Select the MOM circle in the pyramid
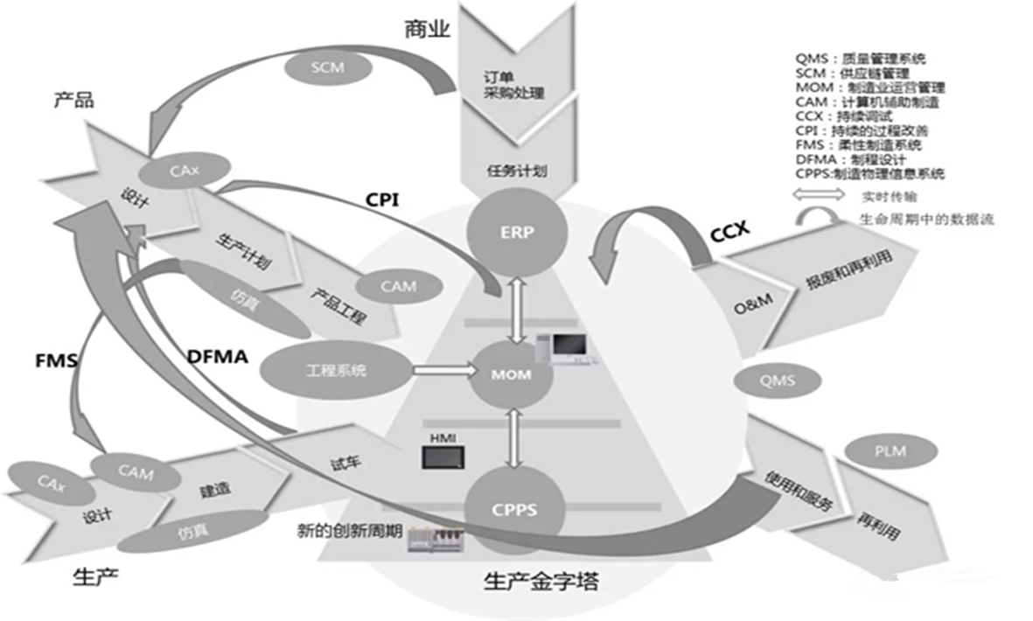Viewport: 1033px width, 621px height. click(512, 375)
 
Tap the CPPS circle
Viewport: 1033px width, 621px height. click(511, 510)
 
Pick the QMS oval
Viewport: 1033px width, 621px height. click(778, 380)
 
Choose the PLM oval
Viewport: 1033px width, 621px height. click(889, 451)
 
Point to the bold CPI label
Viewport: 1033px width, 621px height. click(381, 199)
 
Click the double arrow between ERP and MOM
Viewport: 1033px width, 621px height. click(518, 310)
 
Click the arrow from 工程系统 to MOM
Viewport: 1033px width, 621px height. click(441, 371)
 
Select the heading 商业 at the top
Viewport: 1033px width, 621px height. click(426, 30)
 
